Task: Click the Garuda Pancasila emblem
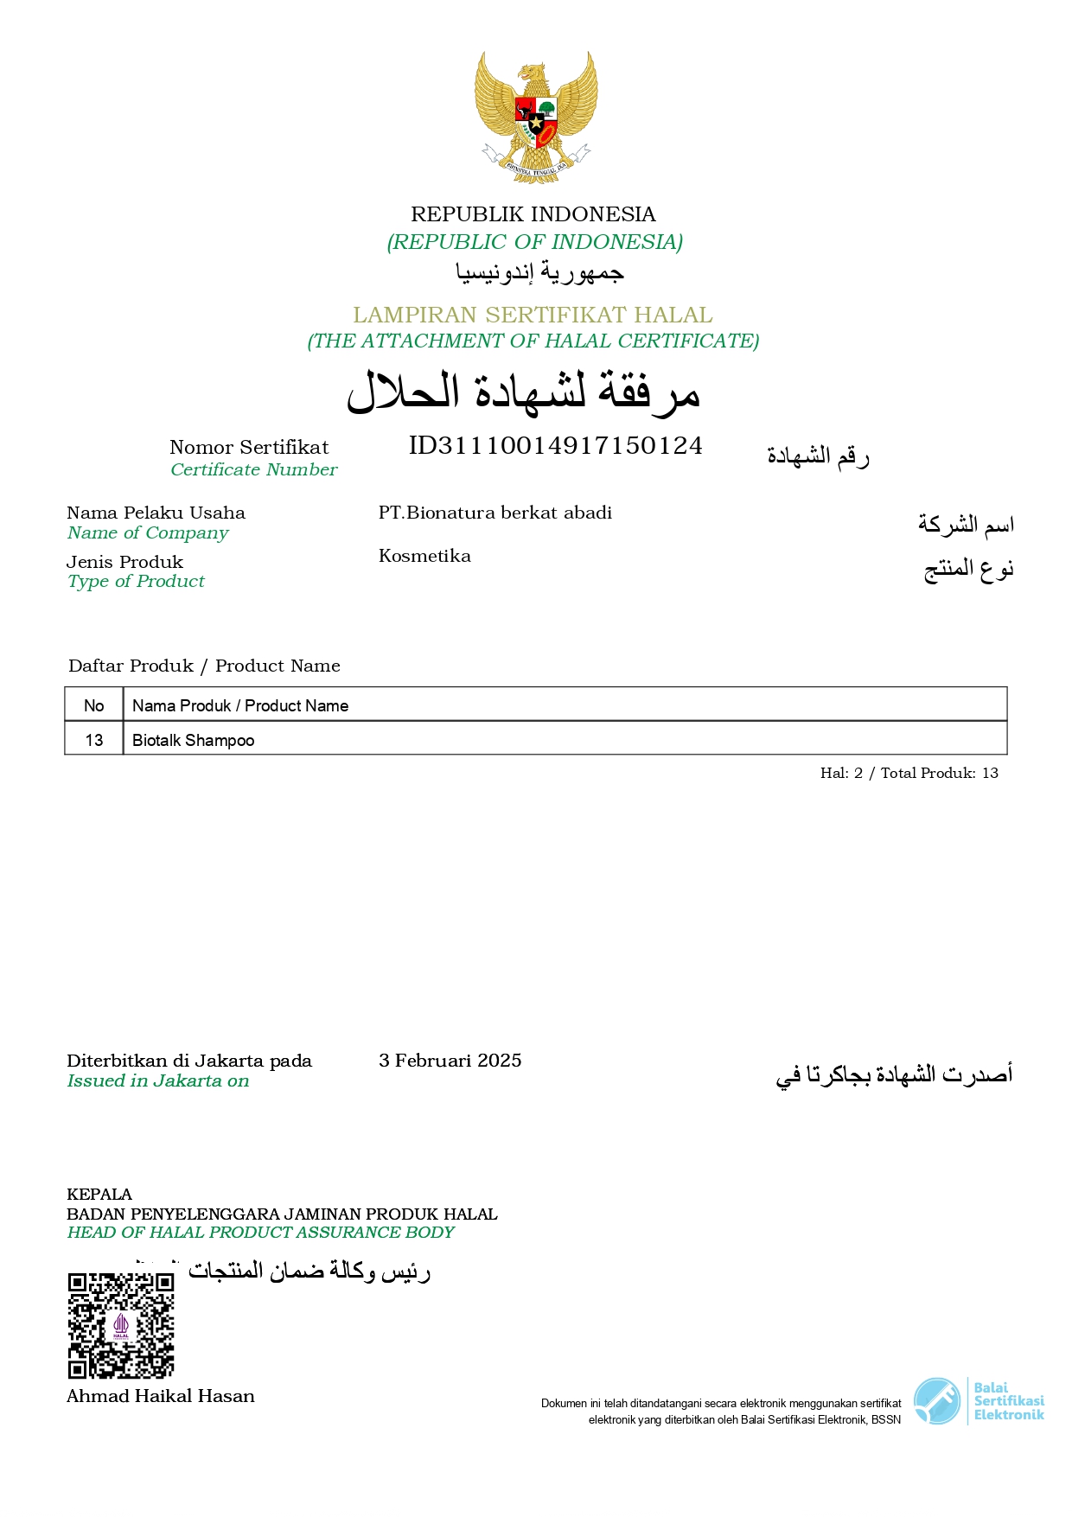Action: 536,117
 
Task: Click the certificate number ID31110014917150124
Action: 555,446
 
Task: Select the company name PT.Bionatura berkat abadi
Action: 495,513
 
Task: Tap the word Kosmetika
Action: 424,556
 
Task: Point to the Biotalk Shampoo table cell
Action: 194,740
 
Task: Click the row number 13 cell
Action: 94,740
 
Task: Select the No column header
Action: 94,705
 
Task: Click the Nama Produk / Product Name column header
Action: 240,705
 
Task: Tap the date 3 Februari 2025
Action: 450,1061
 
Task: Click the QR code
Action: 121,1325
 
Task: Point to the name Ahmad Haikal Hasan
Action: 161,1396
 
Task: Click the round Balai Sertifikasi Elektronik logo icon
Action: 937,1401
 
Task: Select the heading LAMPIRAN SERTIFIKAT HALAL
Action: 533,315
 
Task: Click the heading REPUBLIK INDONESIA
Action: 533,214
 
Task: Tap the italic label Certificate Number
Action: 253,469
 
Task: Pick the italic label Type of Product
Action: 136,582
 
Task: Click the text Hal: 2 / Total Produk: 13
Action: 909,773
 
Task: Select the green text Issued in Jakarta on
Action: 157,1080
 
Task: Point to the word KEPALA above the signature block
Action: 99,1195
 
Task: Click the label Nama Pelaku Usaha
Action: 156,513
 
